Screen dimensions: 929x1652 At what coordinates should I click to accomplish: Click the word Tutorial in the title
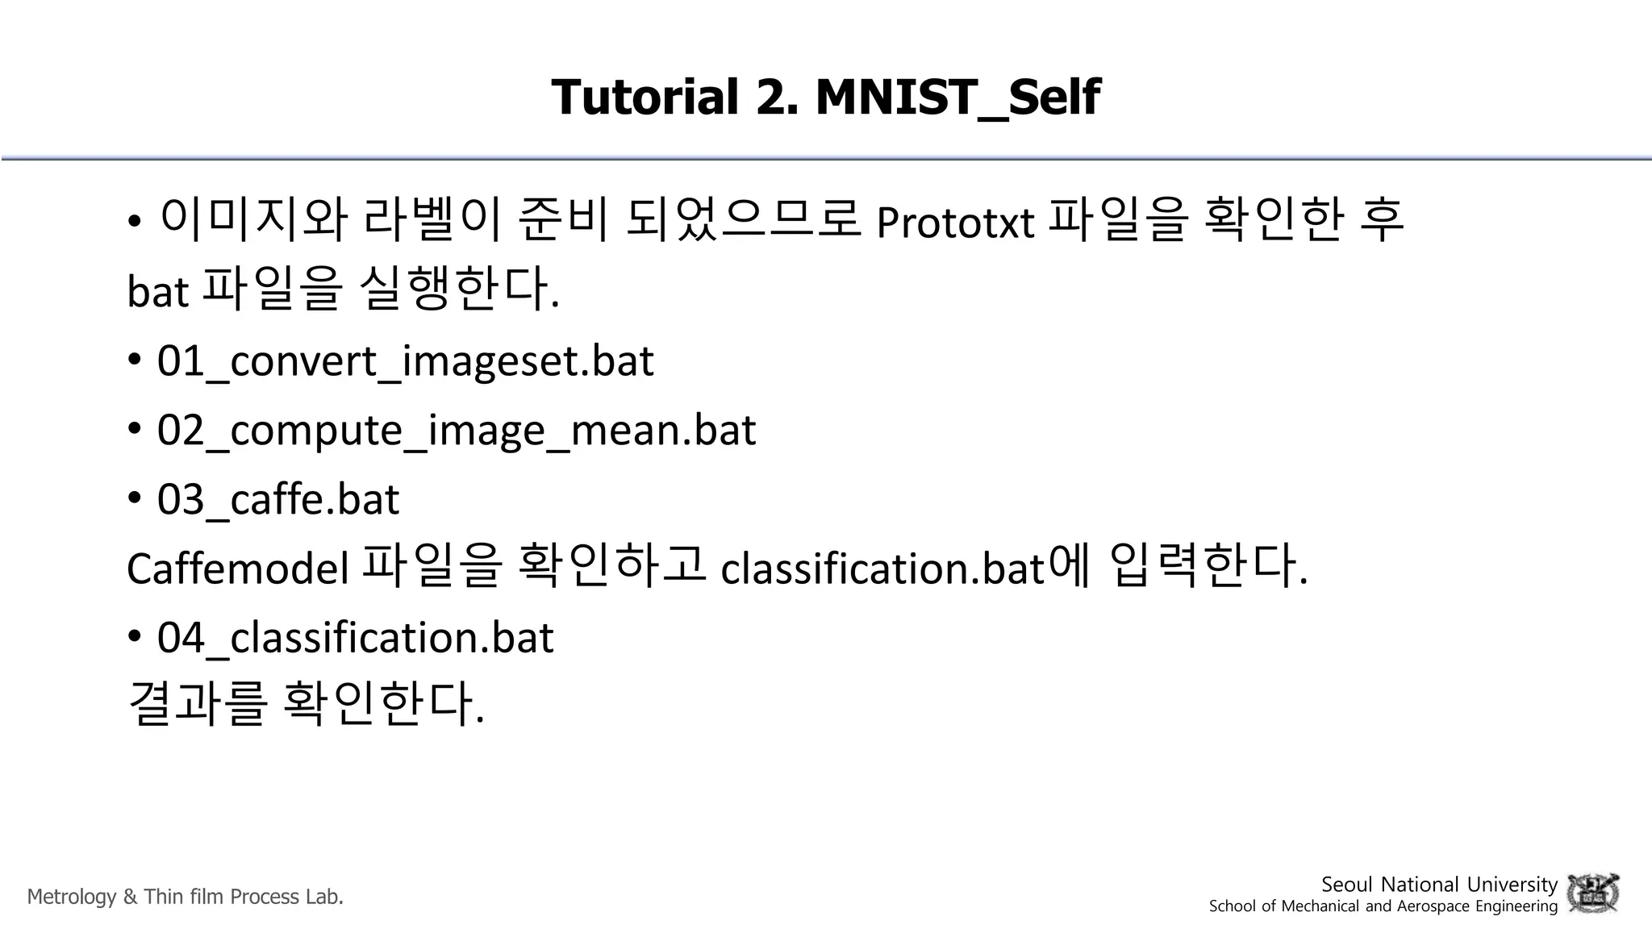click(x=645, y=98)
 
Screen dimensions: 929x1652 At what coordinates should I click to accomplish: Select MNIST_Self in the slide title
click(x=957, y=98)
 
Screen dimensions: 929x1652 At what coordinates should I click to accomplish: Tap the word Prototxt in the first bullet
click(x=954, y=223)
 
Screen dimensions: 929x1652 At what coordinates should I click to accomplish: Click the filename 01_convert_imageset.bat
click(x=405, y=360)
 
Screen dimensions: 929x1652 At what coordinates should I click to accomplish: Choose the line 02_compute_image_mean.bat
click(x=456, y=430)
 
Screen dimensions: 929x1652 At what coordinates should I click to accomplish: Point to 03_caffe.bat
click(x=277, y=499)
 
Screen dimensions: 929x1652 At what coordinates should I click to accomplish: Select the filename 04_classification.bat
click(x=355, y=638)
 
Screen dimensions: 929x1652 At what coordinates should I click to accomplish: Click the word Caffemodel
click(x=237, y=569)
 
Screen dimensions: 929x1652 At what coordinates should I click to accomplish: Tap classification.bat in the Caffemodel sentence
click(x=882, y=569)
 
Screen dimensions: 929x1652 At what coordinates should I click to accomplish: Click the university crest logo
click(x=1592, y=894)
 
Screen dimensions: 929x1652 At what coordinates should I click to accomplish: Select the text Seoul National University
click(x=1438, y=885)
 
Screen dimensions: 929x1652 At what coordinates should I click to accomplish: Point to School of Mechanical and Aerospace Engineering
click(x=1383, y=906)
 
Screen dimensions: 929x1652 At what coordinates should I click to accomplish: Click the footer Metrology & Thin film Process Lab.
click(x=186, y=897)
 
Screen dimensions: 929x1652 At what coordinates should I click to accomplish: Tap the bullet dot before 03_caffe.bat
click(x=135, y=498)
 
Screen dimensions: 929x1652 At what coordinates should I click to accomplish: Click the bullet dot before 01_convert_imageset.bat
click(x=135, y=360)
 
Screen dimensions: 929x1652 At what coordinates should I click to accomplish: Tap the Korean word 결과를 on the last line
click(x=197, y=702)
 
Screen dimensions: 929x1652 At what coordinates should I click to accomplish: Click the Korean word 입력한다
click(x=1207, y=565)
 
